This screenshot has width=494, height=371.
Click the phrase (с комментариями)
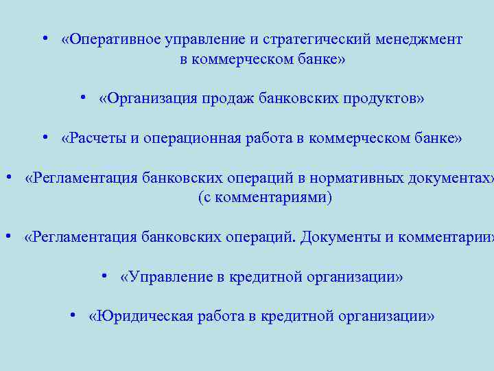point(264,198)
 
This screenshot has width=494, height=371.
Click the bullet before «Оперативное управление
point(43,38)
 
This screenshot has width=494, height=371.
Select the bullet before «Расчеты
point(43,137)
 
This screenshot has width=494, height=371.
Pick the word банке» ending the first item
point(320,60)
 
